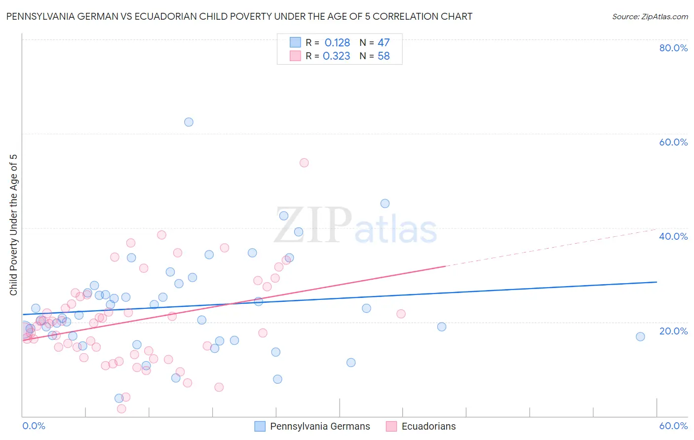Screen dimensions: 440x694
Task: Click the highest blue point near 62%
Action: (x=189, y=122)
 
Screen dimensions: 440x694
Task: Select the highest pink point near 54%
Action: (x=304, y=163)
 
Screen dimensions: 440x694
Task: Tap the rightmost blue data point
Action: (x=640, y=336)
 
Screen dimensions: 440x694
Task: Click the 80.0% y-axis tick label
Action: (x=673, y=48)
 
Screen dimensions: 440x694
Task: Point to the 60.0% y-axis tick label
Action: (x=673, y=142)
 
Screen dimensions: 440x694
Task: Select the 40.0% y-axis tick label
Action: (x=673, y=236)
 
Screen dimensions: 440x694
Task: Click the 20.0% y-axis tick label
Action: (x=673, y=331)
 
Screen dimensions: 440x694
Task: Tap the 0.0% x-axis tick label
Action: (x=34, y=426)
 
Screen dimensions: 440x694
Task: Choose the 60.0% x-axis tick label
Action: (x=673, y=426)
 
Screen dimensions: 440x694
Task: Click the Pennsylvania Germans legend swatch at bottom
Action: (x=260, y=426)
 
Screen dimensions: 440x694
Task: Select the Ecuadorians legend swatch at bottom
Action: (x=391, y=426)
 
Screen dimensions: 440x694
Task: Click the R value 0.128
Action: (x=337, y=43)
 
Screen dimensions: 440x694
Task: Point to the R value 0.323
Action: (x=336, y=56)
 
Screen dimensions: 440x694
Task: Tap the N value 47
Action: (x=384, y=43)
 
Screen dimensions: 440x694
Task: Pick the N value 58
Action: (x=384, y=56)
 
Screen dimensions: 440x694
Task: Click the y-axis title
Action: (x=13, y=225)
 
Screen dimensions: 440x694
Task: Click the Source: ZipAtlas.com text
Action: (x=650, y=17)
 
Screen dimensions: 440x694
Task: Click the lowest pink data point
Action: (x=121, y=408)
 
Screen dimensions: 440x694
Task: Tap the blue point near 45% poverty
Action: (x=385, y=203)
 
